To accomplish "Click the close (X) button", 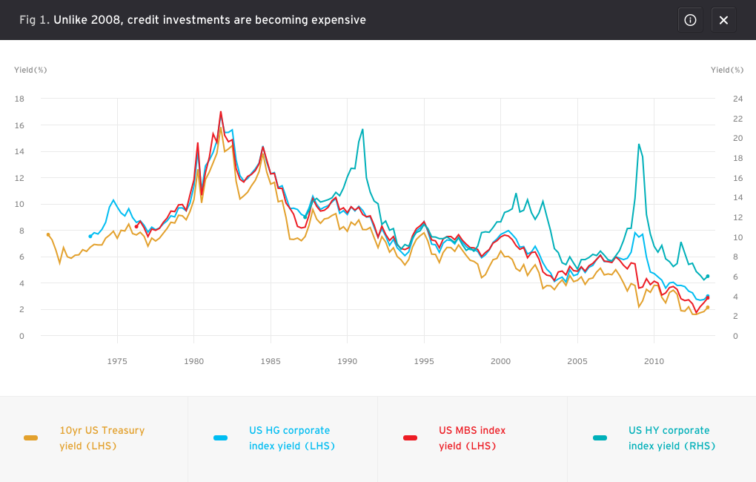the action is point(723,20).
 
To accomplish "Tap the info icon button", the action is point(691,20).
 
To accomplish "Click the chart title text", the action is point(193,20).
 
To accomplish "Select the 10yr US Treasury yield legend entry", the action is point(84,438).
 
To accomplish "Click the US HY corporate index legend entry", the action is point(654,438).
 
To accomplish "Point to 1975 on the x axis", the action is point(117,361).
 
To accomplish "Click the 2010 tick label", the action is point(654,361).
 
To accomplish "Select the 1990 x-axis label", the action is point(347,361).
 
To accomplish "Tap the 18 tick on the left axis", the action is point(19,99).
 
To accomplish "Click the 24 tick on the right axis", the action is point(737,99).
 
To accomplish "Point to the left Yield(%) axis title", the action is point(30,70).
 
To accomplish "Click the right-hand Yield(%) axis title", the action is point(727,70).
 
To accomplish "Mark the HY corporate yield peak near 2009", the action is point(639,145).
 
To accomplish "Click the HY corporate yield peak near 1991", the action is point(362,129).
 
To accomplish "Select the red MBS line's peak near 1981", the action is point(221,112).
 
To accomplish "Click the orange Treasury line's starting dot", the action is point(48,234).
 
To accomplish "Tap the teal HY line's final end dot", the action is point(708,277).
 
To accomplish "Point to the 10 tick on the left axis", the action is point(19,204).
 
